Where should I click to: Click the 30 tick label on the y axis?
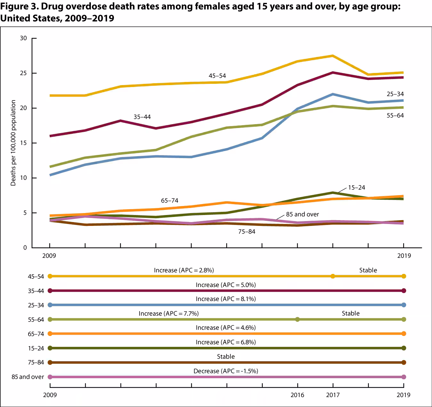[x=23, y=38]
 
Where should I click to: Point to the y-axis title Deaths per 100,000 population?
[x=13, y=143]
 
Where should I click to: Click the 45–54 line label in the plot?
[x=217, y=76]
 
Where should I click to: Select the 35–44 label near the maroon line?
[x=142, y=117]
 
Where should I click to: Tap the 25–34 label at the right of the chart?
[x=395, y=94]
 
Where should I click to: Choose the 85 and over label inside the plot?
[x=302, y=214]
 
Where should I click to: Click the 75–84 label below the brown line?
[x=246, y=231]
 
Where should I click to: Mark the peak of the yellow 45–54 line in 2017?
[x=333, y=56]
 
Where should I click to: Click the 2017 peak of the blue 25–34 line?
[x=333, y=94]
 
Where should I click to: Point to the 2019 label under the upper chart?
[x=404, y=256]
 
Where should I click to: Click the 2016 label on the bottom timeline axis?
[x=297, y=395]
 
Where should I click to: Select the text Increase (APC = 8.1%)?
[x=226, y=299]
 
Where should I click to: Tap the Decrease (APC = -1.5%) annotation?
[x=226, y=371]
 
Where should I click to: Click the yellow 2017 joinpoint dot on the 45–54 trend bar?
[x=333, y=276]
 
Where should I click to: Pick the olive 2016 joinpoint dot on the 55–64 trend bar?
[x=297, y=319]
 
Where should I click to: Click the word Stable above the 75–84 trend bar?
[x=226, y=356]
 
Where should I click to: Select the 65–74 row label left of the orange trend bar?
[x=36, y=334]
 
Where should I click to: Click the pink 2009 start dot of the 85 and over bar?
[x=50, y=377]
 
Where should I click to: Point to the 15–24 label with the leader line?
[x=356, y=188]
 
